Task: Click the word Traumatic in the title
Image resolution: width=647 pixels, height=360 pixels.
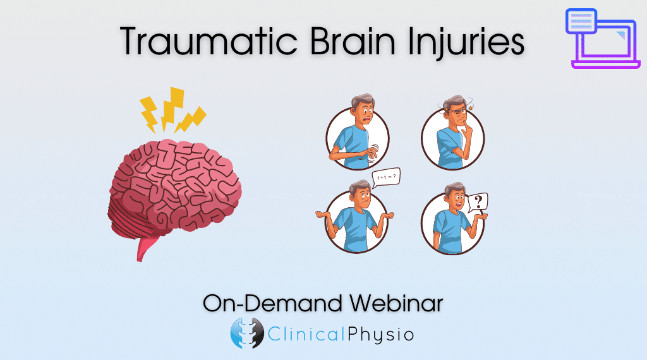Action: (x=209, y=41)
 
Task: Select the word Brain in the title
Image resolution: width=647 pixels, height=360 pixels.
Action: (x=353, y=41)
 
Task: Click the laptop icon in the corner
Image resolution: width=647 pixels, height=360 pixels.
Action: (x=602, y=39)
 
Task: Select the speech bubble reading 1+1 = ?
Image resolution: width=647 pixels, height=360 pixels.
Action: (x=386, y=177)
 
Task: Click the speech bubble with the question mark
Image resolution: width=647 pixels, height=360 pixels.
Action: (x=478, y=203)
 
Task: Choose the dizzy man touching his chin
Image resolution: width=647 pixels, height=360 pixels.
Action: (x=452, y=134)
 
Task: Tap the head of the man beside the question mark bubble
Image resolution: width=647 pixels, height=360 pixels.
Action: (x=455, y=196)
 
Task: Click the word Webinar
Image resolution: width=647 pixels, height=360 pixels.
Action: (x=396, y=303)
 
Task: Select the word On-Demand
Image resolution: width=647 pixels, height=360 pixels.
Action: (x=272, y=303)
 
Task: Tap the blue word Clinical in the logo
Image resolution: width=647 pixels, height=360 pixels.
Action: (x=306, y=333)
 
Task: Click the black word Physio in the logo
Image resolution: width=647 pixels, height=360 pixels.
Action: (x=380, y=335)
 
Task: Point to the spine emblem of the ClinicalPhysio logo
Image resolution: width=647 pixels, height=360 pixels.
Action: (x=247, y=333)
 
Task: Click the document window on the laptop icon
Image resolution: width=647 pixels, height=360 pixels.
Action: (x=581, y=21)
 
